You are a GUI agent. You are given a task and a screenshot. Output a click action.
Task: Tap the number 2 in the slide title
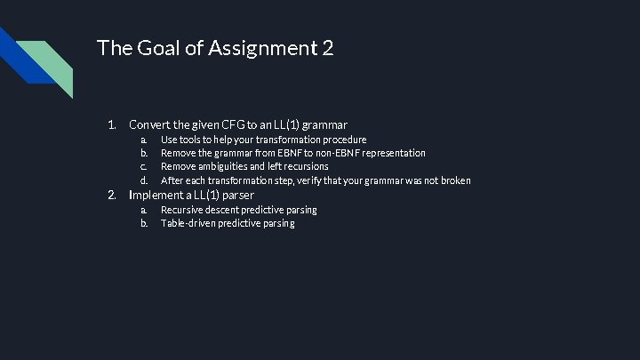pyautogui.click(x=328, y=49)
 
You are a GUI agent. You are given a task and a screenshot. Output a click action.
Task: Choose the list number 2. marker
pyautogui.click(x=112, y=195)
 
